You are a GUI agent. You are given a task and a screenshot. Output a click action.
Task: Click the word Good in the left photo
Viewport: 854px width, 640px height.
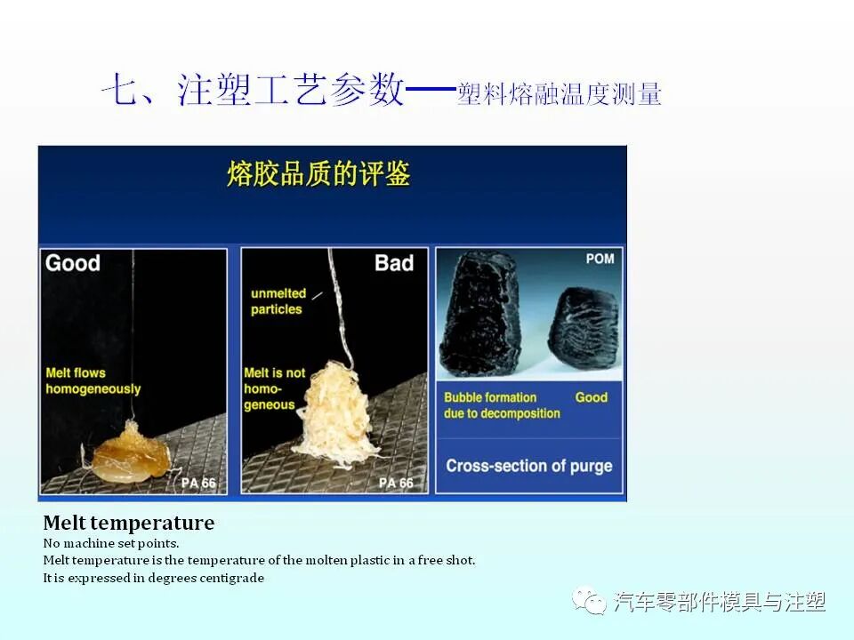(73, 263)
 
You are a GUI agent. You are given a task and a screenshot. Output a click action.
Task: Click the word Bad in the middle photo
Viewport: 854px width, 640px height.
(393, 263)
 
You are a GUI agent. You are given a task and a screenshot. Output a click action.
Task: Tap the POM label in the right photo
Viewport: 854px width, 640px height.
(600, 260)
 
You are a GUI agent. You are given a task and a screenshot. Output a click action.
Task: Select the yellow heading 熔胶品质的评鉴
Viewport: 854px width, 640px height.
(318, 174)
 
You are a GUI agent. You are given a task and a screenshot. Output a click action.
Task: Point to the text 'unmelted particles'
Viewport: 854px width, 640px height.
(278, 301)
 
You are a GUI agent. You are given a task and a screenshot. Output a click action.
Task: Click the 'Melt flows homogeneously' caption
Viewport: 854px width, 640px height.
(93, 381)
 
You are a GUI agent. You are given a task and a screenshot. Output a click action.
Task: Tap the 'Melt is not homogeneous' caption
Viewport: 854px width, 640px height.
(274, 388)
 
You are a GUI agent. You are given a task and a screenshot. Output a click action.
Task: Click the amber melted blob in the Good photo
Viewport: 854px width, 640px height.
(131, 453)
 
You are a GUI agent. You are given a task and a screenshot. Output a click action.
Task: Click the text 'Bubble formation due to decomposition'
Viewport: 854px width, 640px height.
(502, 405)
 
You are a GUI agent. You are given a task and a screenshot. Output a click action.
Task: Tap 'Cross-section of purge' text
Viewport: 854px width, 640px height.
(528, 466)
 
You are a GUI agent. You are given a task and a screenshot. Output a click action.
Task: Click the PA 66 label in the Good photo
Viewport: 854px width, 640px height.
(197, 484)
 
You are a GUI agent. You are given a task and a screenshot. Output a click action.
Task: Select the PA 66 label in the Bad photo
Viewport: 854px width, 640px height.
(396, 484)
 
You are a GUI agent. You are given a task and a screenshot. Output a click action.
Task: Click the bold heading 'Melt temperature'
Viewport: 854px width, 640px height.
(129, 523)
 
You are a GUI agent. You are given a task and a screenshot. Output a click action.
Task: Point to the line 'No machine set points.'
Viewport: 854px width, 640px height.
(111, 542)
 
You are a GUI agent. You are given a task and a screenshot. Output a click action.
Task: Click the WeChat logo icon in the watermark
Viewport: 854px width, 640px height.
(588, 602)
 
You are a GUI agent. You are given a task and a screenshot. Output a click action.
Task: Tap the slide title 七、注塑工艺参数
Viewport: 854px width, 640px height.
(254, 92)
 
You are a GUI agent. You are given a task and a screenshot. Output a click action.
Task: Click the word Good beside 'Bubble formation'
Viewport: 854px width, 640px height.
(591, 397)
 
